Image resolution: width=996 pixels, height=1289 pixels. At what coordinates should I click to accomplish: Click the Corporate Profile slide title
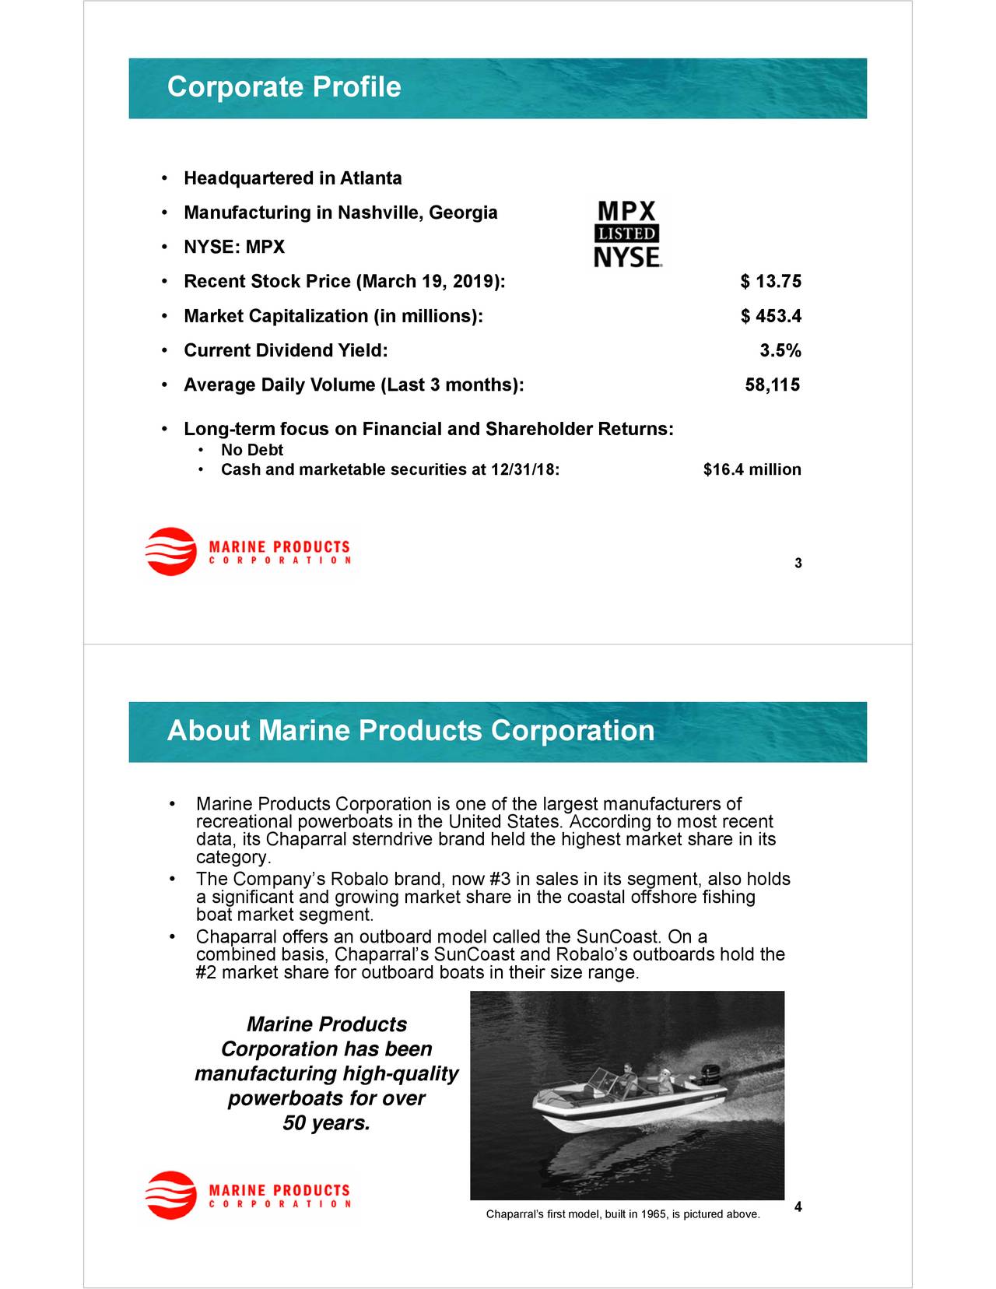(284, 86)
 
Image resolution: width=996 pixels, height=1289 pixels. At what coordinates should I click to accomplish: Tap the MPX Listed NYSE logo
(627, 234)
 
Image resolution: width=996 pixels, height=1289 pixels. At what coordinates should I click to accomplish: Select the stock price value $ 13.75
(770, 282)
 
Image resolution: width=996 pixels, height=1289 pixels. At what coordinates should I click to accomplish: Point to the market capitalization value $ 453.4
(770, 316)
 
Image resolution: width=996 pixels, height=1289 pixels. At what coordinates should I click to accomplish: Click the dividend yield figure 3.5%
(780, 351)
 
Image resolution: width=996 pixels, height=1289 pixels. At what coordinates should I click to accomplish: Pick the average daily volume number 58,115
(772, 385)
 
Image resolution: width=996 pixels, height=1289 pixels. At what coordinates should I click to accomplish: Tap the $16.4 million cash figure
(751, 470)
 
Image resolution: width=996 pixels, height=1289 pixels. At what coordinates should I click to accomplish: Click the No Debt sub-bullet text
(251, 450)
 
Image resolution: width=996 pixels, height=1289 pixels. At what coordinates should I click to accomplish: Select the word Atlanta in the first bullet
(370, 179)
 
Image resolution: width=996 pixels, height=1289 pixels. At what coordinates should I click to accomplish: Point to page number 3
(798, 564)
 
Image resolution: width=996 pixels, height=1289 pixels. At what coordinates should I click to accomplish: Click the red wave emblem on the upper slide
(171, 551)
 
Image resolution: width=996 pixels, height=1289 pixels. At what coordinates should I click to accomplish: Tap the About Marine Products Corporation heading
(410, 731)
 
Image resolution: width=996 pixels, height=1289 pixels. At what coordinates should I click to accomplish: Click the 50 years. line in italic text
(326, 1123)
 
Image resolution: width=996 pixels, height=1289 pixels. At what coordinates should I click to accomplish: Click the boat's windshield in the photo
(601, 1081)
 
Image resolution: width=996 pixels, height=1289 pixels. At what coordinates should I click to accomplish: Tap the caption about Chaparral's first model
(622, 1214)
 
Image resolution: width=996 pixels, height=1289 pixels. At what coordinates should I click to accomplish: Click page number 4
(798, 1207)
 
